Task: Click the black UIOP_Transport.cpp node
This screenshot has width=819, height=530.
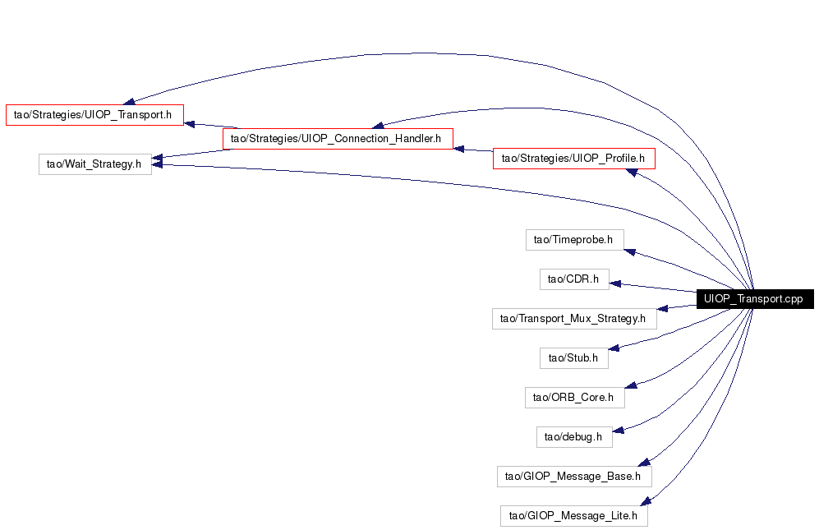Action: coord(755,299)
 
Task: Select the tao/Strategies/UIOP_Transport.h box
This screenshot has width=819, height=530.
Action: coord(94,115)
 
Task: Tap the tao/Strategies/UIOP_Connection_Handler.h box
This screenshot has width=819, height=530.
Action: coord(338,139)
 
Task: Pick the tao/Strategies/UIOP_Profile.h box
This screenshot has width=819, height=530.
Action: coord(573,159)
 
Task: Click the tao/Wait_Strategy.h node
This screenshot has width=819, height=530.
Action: coord(95,164)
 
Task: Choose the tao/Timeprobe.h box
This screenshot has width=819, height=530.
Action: coord(574,240)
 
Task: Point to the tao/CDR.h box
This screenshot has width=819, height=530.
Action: coord(574,279)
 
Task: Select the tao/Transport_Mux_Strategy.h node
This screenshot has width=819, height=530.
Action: coord(574,319)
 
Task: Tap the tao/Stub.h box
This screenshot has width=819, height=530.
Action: coord(574,358)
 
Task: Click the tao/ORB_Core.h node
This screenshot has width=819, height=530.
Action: coord(574,397)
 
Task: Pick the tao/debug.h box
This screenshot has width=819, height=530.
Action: coord(574,437)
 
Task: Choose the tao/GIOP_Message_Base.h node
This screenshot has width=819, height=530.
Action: coord(574,476)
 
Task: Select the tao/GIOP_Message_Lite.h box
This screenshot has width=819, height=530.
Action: coord(573,516)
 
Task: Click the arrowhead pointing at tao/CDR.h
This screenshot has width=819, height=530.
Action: coord(615,283)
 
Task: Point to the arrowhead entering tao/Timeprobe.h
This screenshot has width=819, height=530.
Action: coord(630,252)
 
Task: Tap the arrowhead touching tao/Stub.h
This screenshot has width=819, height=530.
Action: coord(614,348)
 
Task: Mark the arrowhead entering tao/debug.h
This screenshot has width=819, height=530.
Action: coord(619,431)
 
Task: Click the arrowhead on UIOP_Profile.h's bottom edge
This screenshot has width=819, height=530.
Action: coord(632,172)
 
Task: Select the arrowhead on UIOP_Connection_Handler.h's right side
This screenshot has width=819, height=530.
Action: coord(459,149)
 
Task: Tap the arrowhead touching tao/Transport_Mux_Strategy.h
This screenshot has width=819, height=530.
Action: coord(662,309)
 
